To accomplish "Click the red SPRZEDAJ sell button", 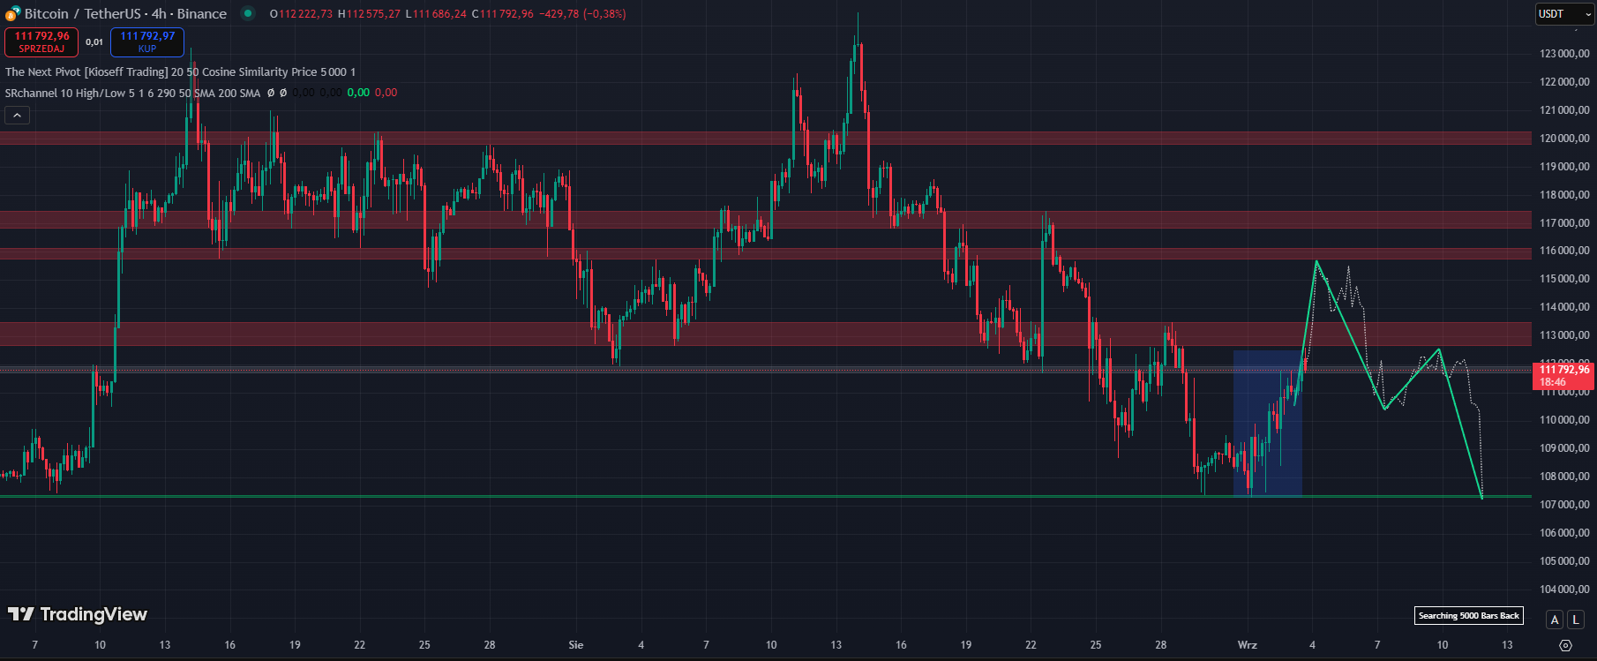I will pos(41,41).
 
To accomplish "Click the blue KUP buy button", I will pos(147,41).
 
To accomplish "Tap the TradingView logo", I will pos(78,614).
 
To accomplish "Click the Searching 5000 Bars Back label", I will pos(1468,615).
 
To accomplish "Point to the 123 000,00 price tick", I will pos(1564,54).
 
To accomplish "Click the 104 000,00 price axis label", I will pos(1564,590).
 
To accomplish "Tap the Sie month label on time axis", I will pos(576,645).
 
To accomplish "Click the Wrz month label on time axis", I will pos(1247,645).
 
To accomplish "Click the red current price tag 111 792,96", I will pos(1564,376).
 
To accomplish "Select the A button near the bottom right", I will pos(1555,620).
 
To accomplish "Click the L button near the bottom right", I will pos(1576,620).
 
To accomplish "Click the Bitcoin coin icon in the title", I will pos(13,13).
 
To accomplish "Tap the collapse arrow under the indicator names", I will pos(17,115).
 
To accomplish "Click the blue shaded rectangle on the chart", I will pos(1267,423).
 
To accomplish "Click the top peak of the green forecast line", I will pos(1316,261).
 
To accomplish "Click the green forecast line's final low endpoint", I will pos(1481,498).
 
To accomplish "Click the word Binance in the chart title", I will pos(202,13).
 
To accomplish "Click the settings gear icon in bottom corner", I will pos(1565,645).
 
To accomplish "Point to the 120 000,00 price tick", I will pos(1564,139).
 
